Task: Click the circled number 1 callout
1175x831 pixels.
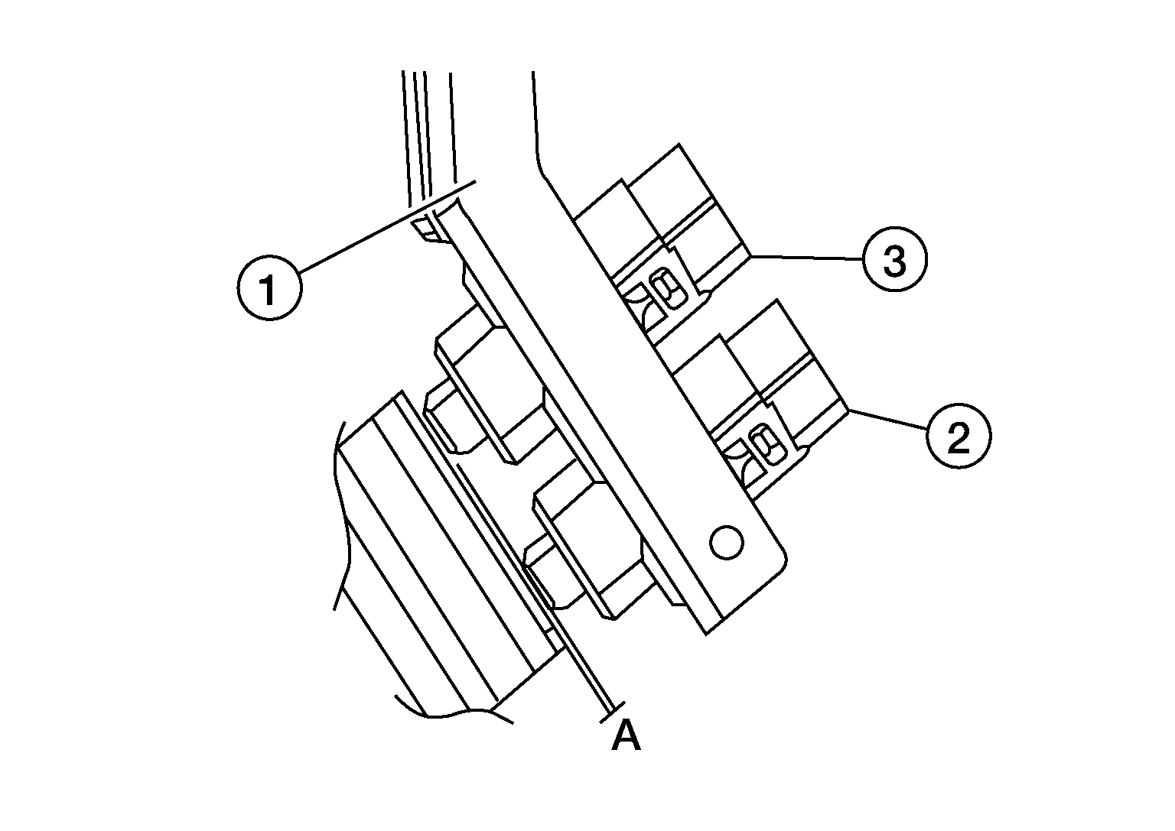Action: [x=269, y=288]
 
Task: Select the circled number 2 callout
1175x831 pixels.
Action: [x=959, y=436]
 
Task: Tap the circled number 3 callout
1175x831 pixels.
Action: [x=895, y=259]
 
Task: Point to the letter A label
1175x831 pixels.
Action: [x=627, y=735]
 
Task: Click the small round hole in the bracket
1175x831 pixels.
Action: [x=727, y=542]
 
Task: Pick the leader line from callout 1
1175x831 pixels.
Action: [x=388, y=226]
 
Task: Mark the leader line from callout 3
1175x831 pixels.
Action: [x=806, y=258]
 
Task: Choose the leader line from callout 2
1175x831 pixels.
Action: [x=887, y=420]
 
